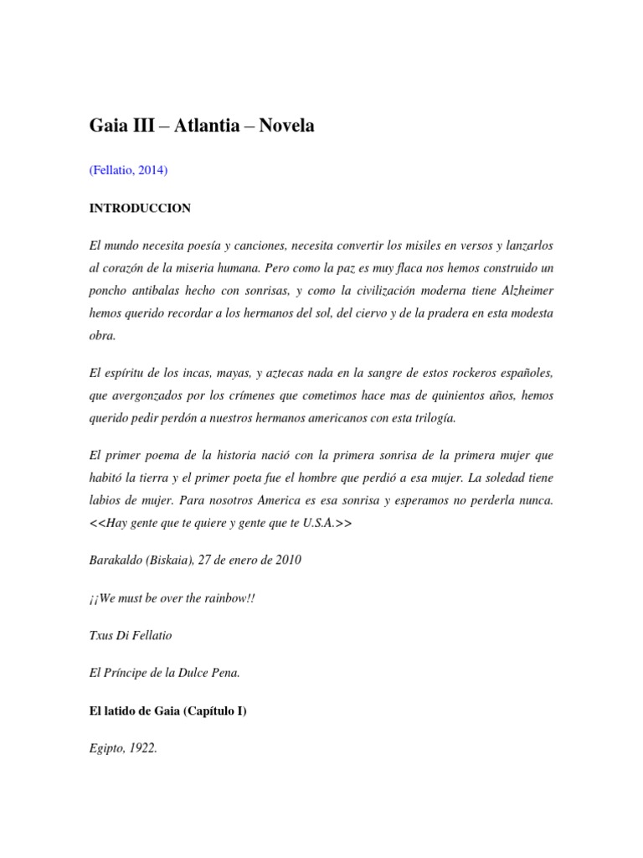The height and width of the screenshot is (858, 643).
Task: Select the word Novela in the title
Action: pyautogui.click(x=286, y=126)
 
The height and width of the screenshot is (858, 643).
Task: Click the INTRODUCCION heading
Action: pyautogui.click(x=141, y=208)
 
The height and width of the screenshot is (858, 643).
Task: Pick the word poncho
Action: pyautogui.click(x=111, y=290)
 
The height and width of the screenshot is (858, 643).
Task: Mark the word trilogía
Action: pyautogui.click(x=433, y=416)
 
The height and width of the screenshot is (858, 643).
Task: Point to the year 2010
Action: pyautogui.click(x=285, y=560)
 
